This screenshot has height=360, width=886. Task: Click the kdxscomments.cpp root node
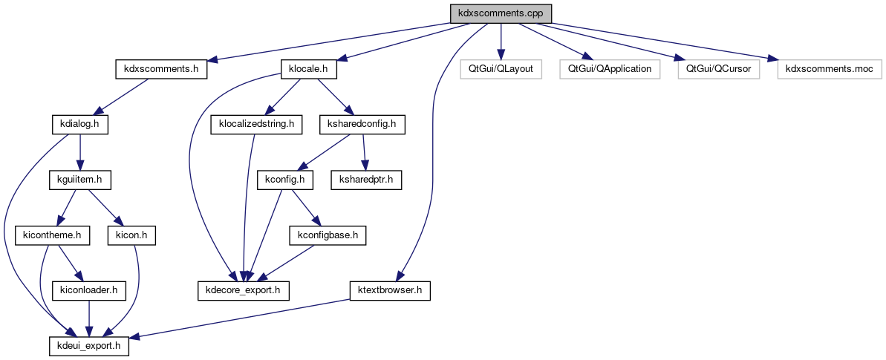tap(501, 13)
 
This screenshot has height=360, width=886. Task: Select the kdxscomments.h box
tap(160, 69)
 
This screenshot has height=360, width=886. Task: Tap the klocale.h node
tap(308, 69)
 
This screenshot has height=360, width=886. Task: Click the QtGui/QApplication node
tap(610, 69)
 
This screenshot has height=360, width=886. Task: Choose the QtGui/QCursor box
tap(719, 69)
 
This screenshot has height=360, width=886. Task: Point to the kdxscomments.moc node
tap(829, 69)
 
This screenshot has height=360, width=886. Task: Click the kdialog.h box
tap(79, 125)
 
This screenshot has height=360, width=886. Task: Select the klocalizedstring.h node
tap(257, 125)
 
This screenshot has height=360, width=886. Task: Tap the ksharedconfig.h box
tap(361, 125)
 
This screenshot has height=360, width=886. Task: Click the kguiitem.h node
tap(79, 180)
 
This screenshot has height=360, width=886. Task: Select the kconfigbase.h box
tap(328, 235)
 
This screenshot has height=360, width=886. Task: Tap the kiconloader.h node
tap(88, 290)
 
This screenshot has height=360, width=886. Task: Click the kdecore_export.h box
tap(243, 290)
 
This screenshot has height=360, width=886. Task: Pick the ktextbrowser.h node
tap(390, 290)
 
